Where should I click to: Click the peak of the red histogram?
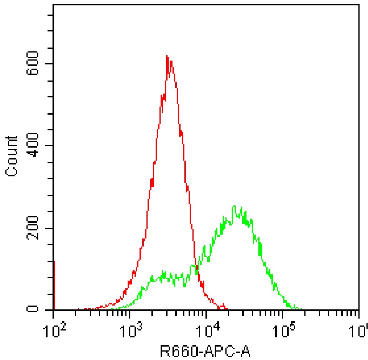[x=167, y=56]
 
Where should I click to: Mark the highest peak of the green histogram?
[x=234, y=207]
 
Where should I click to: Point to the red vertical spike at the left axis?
[x=54, y=286]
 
